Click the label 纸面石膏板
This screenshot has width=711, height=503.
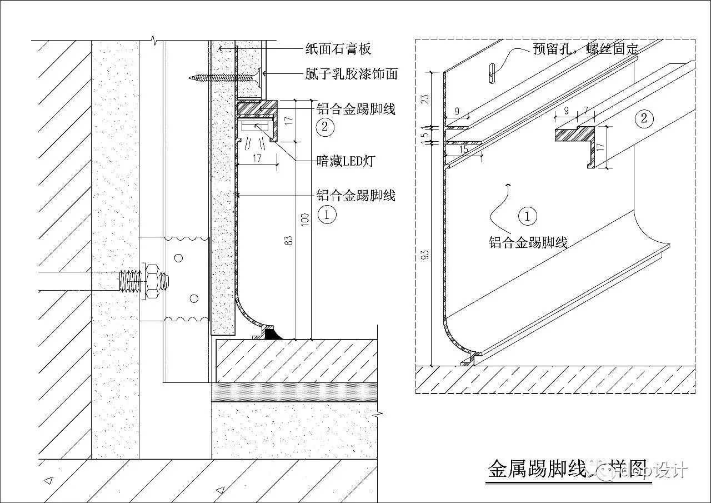(x=338, y=49)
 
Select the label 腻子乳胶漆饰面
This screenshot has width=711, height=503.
(x=351, y=73)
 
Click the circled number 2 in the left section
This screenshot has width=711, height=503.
(x=325, y=126)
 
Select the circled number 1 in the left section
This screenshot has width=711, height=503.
(x=328, y=214)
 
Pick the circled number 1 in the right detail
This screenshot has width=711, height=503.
(x=527, y=216)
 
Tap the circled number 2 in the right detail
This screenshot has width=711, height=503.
(x=643, y=118)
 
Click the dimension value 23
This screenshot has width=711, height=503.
(x=425, y=99)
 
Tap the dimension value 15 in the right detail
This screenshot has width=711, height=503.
(x=464, y=150)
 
